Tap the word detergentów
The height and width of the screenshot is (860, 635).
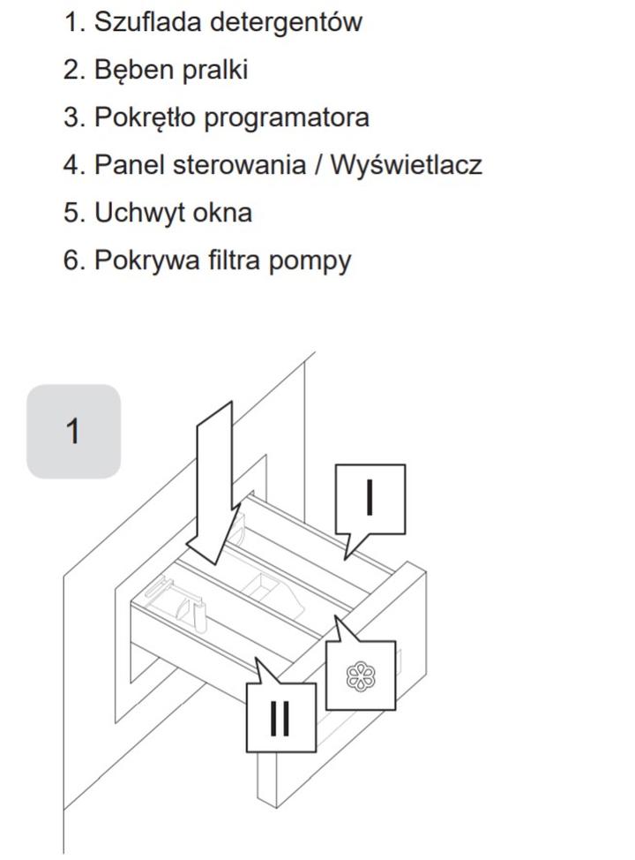[286, 23]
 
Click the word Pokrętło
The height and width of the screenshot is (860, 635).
[145, 117]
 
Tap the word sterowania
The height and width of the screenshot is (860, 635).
[239, 165]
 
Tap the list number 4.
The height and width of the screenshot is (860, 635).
[73, 165]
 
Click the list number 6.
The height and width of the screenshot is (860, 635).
[73, 260]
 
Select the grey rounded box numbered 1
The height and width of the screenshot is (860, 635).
[73, 431]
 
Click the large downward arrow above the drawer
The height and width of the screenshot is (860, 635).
[213, 483]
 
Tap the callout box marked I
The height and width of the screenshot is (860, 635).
[370, 499]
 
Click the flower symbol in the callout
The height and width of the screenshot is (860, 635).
[361, 675]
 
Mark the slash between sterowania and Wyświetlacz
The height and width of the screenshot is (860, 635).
[318, 165]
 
